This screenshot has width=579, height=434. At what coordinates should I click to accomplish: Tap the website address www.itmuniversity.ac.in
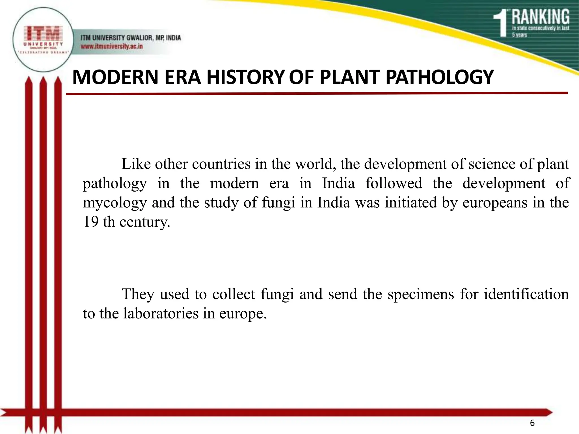(112, 46)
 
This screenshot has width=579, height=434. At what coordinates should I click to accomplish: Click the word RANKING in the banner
(540, 17)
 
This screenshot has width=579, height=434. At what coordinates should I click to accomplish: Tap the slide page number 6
(532, 423)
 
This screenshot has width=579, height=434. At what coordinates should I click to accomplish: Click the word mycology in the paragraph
(115, 203)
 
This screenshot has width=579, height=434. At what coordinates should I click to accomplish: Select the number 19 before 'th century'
(90, 222)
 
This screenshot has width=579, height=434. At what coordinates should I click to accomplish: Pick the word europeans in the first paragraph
(495, 203)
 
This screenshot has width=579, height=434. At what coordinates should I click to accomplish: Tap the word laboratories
(161, 313)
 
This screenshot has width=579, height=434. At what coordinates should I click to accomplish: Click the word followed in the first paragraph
(394, 183)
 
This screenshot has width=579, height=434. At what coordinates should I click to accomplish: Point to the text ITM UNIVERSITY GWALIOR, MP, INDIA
(131, 38)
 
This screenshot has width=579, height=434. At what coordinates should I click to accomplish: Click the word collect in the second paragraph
(234, 294)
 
